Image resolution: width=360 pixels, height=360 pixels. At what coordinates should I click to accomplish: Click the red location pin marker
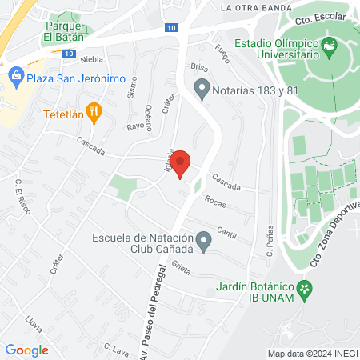tap(181, 162)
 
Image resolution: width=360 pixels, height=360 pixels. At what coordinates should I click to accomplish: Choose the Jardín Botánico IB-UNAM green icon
tap(304, 288)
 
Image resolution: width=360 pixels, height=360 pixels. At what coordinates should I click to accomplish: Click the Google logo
tap(26, 350)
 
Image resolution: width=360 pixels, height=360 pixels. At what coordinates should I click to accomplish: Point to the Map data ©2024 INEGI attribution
tap(310, 354)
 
